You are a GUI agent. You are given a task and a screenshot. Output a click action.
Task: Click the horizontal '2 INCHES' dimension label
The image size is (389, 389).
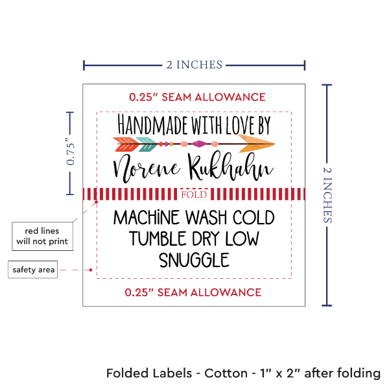(194, 64)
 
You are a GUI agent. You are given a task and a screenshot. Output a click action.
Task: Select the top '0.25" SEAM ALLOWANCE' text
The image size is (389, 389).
(197, 97)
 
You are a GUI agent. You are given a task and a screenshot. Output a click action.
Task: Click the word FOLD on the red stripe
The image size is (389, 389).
(194, 194)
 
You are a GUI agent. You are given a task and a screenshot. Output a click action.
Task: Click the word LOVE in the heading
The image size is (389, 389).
(231, 124)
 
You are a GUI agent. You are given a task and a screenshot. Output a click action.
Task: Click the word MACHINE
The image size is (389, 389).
(150, 217)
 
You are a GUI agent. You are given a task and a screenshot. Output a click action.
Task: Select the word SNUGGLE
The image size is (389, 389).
(194, 259)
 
